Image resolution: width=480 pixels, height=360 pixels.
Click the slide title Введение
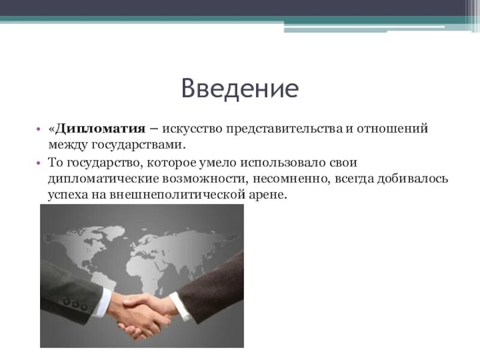point(239,89)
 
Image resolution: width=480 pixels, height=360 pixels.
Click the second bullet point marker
point(37,163)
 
